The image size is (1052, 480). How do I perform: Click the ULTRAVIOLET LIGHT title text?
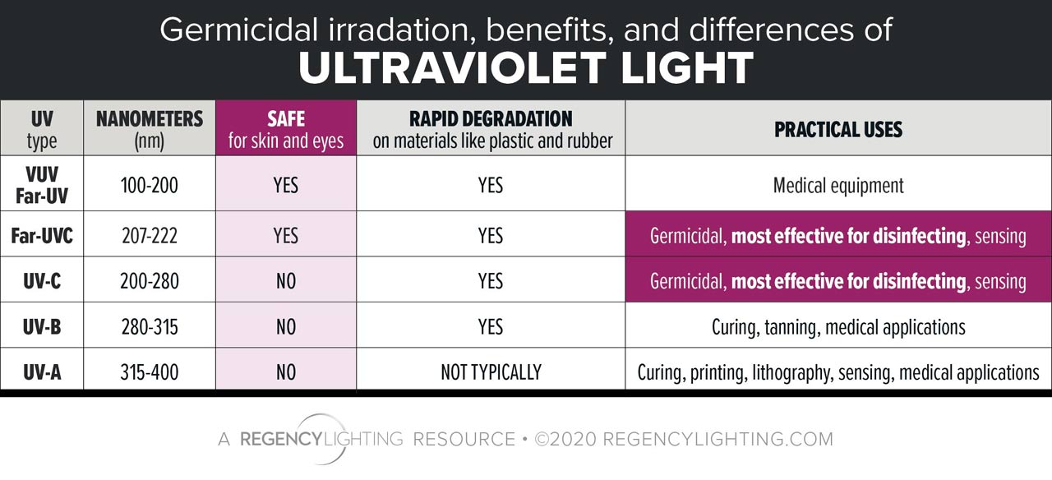(526, 69)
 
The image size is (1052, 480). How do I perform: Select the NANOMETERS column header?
(150, 128)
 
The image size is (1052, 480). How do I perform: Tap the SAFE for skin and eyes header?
(285, 128)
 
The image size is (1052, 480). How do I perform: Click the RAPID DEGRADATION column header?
(491, 128)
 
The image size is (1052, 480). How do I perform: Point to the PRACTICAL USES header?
(838, 129)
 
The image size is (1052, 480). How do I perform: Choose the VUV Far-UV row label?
(41, 185)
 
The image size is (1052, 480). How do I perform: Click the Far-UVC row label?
(42, 237)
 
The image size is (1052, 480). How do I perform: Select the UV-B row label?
(42, 326)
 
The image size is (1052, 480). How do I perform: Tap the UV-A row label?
(42, 372)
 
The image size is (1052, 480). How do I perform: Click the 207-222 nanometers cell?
(150, 237)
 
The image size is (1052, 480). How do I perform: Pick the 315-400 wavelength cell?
(150, 372)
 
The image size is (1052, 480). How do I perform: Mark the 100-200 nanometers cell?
(150, 185)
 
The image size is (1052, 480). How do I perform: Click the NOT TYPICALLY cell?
(491, 372)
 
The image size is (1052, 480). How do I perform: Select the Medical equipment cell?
(838, 185)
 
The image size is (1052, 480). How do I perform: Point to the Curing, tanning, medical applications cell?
(838, 326)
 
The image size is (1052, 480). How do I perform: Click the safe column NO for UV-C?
(285, 281)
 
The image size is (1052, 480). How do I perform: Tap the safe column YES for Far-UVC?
(285, 237)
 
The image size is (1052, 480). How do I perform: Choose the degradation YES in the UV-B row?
(491, 326)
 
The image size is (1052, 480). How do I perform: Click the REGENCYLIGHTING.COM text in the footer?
(717, 439)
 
